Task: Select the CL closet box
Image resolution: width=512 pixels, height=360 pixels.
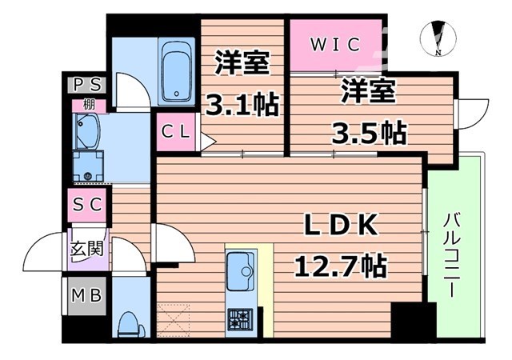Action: point(178,133)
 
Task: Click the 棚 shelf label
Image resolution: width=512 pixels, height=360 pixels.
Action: point(89,104)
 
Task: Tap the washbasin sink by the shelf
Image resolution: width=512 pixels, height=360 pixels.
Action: point(86,129)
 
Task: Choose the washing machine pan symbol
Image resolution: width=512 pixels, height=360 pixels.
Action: point(87,167)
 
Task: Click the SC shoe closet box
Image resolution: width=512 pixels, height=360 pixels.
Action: point(86,204)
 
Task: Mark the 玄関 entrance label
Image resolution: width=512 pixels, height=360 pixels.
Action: point(88,248)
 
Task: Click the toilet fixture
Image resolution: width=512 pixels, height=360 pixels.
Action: point(128,323)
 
